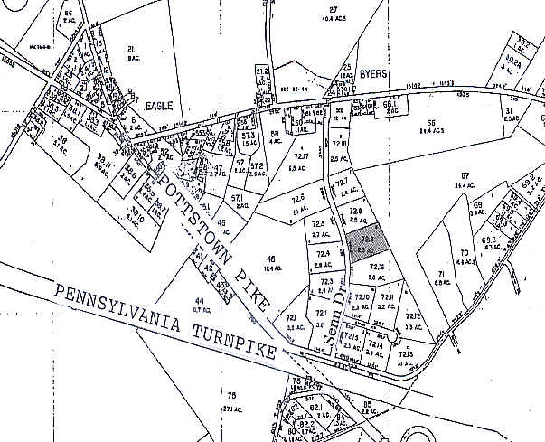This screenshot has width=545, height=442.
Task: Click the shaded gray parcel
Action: pyautogui.click(x=369, y=243)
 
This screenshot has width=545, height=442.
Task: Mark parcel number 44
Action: pyautogui.click(x=199, y=299)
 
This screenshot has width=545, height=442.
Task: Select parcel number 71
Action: pyautogui.click(x=441, y=273)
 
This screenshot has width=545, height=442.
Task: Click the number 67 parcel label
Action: pyautogui.click(x=465, y=174)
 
